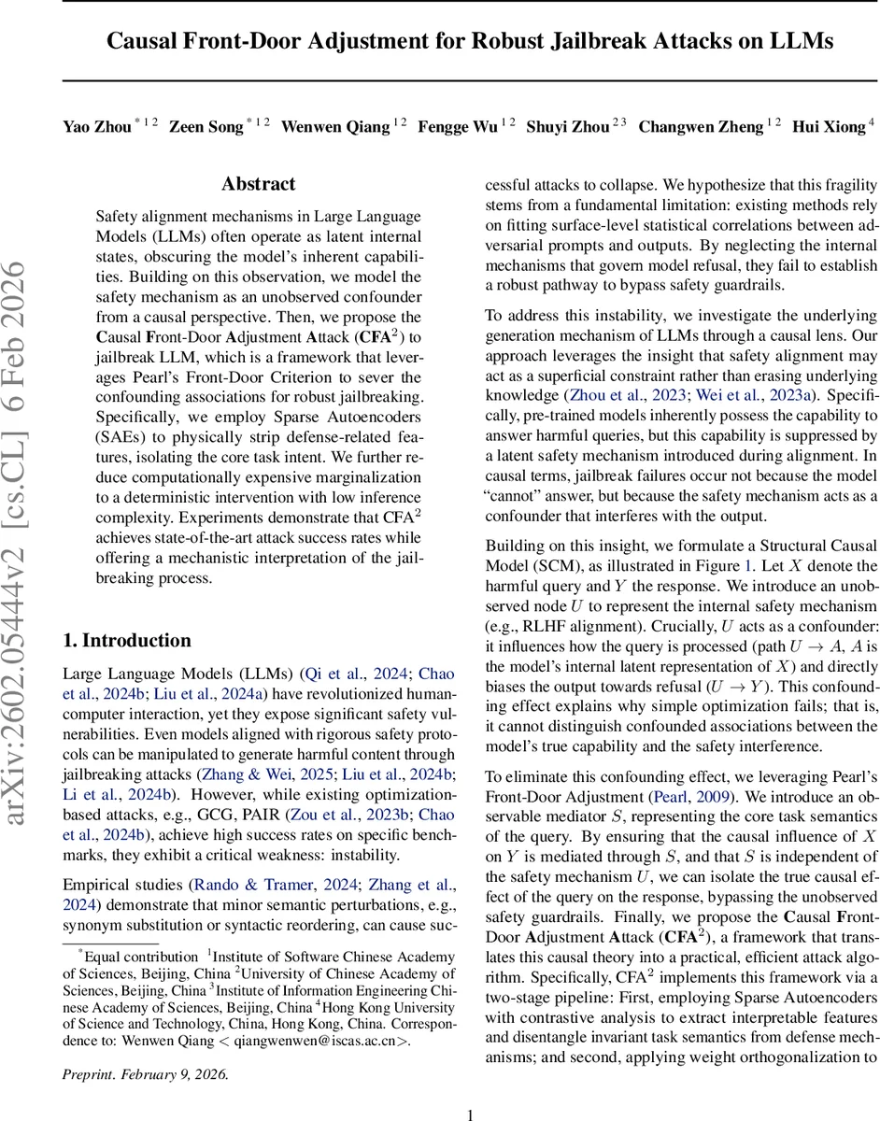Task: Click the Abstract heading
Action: tap(258, 184)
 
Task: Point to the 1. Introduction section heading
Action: tap(126, 641)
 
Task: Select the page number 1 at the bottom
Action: tap(471, 1088)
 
